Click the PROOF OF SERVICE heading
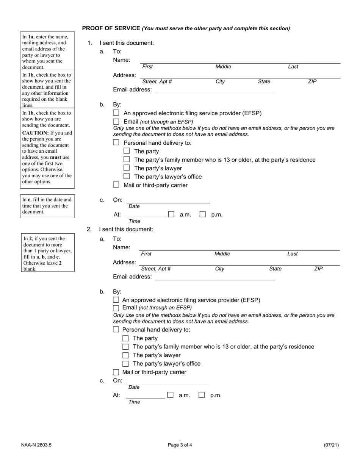(111, 28)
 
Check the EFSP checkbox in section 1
(116, 113)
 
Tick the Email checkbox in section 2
(116, 308)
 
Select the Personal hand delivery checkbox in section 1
(116, 142)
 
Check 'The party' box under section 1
(127, 151)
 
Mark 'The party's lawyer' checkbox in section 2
(125, 355)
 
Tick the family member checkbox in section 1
(127, 160)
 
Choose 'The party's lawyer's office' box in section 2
(125, 364)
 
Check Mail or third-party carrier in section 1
(116, 185)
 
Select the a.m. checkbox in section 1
(171, 214)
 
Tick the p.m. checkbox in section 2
(202, 395)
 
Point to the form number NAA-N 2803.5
(36, 445)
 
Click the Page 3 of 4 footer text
(180, 445)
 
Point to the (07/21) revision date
(331, 445)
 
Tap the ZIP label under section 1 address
(312, 81)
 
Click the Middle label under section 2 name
(222, 254)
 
